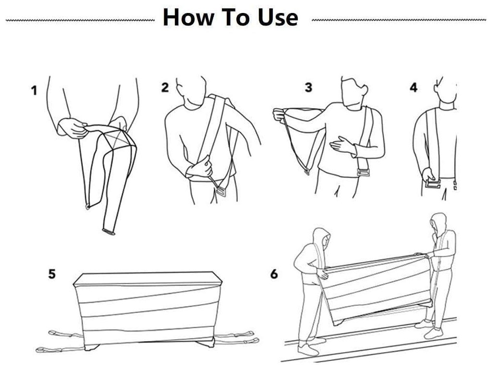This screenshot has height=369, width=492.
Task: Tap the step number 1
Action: point(34,90)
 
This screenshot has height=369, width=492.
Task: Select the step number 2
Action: point(165,87)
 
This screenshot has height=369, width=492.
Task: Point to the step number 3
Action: point(308,87)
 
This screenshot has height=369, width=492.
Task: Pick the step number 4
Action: point(414,88)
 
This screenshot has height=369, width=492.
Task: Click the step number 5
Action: point(51,274)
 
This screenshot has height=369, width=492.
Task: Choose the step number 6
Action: point(274,274)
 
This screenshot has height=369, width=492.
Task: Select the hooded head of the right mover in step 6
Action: point(437,225)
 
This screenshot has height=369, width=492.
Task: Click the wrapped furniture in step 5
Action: point(144,307)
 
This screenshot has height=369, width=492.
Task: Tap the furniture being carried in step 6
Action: point(377,288)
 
